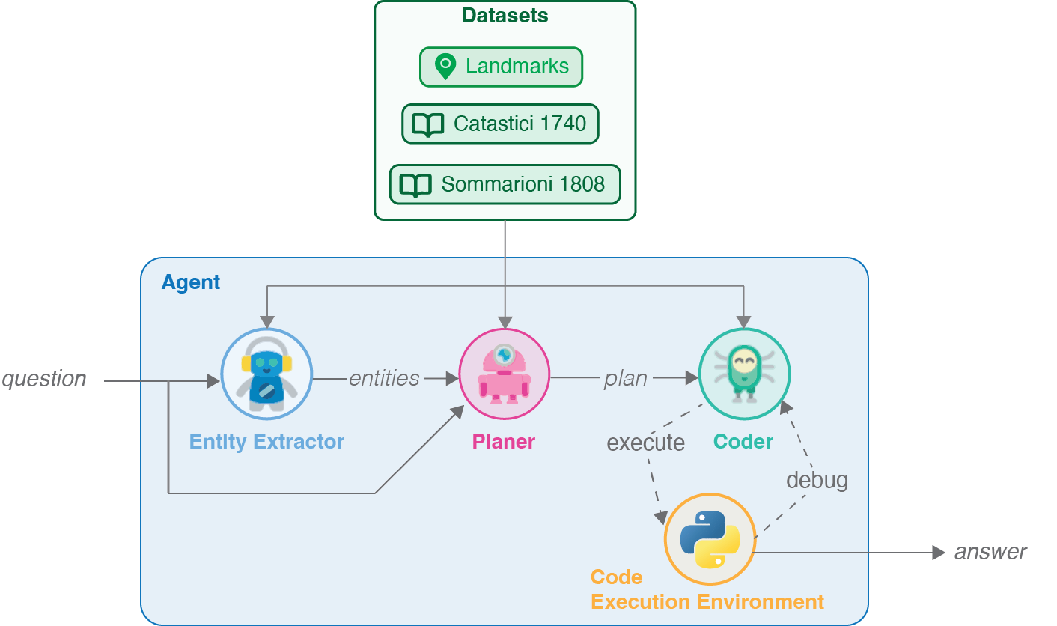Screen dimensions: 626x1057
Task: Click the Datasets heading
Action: (x=505, y=16)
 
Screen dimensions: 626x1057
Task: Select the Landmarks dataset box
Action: (x=501, y=67)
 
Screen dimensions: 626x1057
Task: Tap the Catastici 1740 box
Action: (x=500, y=124)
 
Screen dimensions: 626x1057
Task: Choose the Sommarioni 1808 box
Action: (x=505, y=184)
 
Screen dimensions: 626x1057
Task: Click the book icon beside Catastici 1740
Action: (x=428, y=124)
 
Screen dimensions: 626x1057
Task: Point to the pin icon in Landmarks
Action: (x=445, y=67)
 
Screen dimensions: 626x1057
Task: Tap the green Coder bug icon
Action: (x=743, y=374)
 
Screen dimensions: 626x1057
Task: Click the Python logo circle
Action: (x=710, y=539)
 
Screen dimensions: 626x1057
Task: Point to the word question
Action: (x=44, y=379)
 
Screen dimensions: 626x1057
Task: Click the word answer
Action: (x=990, y=553)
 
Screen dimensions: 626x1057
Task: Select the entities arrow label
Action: (x=384, y=379)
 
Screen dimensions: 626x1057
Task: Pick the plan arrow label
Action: (x=625, y=379)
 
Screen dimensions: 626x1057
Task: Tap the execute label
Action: (x=645, y=443)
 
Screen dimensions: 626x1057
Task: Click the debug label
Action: (x=817, y=480)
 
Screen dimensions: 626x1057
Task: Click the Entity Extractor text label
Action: (x=266, y=442)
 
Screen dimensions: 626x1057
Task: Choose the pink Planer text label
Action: (x=504, y=442)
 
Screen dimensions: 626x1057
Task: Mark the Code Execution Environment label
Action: (x=707, y=590)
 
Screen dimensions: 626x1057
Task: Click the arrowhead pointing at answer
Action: (x=939, y=553)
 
